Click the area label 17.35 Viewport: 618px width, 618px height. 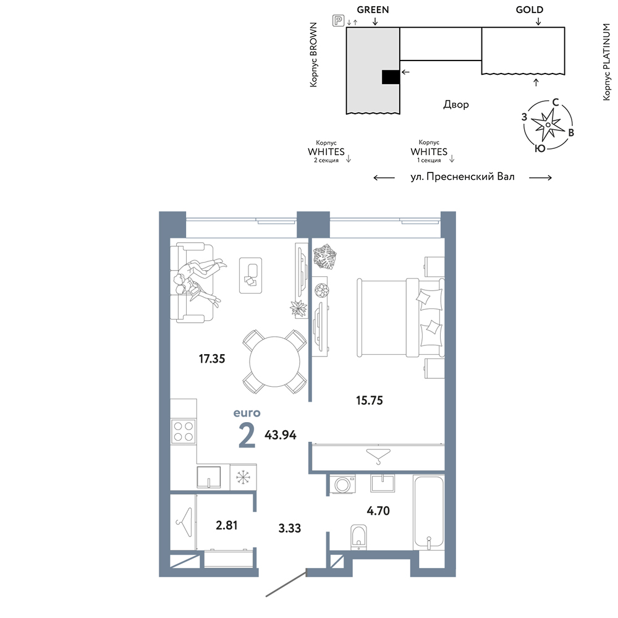click(211, 358)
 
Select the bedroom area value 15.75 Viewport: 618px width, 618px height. click(370, 400)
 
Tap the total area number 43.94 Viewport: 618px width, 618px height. click(280, 434)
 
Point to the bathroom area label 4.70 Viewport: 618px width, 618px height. click(378, 511)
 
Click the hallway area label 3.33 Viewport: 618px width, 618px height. click(289, 528)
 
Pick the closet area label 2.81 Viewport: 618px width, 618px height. click(227, 525)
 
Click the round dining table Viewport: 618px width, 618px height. click(275, 362)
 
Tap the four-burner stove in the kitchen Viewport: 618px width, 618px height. click(184, 431)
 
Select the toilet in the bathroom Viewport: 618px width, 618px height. click(358, 537)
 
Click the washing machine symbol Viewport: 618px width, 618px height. click(342, 485)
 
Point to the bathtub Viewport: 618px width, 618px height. click(428, 512)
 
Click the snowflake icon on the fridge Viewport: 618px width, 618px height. click(243, 478)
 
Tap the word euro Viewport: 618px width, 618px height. click(247, 413)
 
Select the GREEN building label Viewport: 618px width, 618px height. click(373, 10)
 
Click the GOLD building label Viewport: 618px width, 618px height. click(530, 10)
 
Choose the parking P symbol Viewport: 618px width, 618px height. click(338, 20)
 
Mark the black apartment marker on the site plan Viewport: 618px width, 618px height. click(391, 77)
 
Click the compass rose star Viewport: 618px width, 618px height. click(548, 125)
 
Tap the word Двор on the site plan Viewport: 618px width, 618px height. click(456, 104)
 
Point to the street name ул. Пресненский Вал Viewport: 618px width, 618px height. click(462, 177)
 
